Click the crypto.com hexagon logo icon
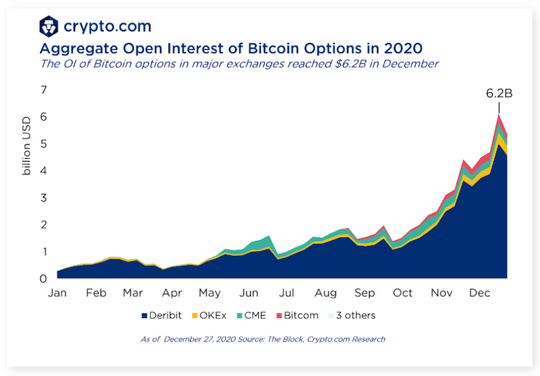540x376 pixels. (49, 27)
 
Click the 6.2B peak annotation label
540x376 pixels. (499, 93)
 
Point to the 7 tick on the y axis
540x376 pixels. (43, 89)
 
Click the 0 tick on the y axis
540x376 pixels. (43, 279)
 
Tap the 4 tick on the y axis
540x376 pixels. (43, 170)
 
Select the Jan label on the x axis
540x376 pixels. (57, 293)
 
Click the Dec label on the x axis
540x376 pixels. (479, 293)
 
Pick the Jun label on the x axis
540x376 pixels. (249, 293)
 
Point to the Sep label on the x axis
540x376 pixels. (365, 293)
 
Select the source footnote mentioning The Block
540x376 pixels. (263, 339)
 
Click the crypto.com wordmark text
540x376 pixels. (107, 27)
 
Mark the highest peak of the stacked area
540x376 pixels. (498, 115)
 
